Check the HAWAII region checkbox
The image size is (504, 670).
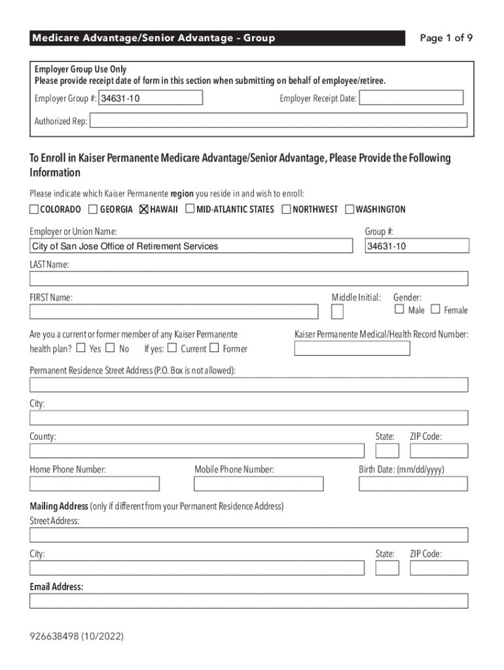coord(144,209)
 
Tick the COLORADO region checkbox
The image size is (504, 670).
coord(34,209)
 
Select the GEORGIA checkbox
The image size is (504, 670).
coord(94,209)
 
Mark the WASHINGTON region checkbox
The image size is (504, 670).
coord(350,209)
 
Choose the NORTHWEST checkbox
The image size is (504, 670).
coord(287,209)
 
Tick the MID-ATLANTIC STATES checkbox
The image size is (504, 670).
coord(190,209)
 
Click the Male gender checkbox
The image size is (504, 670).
coord(399,309)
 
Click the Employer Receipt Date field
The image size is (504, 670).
coord(411,98)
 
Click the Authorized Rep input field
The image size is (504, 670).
coord(278,120)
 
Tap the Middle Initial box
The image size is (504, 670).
coord(337,311)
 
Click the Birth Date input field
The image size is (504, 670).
coord(413,484)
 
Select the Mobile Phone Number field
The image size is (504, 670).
coord(259,484)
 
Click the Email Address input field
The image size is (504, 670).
coord(249,601)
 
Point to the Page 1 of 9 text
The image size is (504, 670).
coord(446,38)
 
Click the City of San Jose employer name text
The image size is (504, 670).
coord(125,247)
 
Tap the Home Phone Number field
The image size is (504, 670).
coord(94,484)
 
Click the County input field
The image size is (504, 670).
coord(197,451)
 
